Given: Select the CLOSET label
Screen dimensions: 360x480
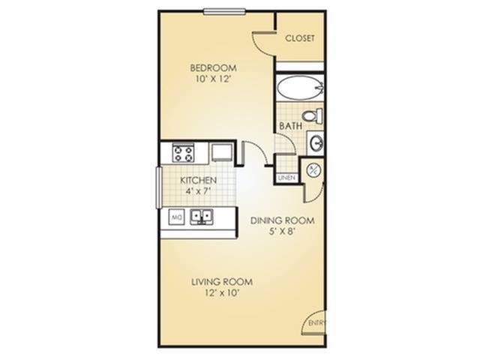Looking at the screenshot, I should (x=299, y=38).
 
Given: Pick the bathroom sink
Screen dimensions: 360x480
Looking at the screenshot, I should (x=316, y=142).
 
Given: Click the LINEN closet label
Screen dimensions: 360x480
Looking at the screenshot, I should (x=286, y=178).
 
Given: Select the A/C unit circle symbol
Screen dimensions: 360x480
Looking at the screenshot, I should (x=313, y=171).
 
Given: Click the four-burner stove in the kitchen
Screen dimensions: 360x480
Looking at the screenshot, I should (x=184, y=153).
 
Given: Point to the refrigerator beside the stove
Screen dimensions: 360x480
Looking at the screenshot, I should (x=221, y=152).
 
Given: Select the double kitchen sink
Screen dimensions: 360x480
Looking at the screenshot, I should (x=201, y=218).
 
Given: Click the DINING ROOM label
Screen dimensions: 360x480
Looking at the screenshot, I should (x=282, y=221).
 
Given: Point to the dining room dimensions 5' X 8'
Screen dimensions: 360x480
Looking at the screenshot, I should (x=282, y=233).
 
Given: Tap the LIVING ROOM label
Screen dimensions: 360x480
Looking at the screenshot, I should (x=221, y=282).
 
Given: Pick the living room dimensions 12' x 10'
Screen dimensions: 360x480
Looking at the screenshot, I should (x=221, y=294).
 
